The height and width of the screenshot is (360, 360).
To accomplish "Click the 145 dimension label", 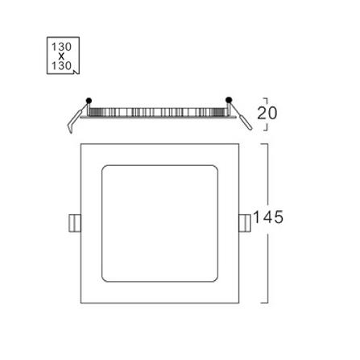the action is (x=268, y=217).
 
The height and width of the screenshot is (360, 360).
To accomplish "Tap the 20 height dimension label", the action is (x=267, y=113).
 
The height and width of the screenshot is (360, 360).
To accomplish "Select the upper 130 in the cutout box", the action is (x=61, y=47).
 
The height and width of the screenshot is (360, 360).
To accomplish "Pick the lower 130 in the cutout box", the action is (x=61, y=65).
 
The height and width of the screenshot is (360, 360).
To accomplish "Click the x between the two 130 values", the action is (x=61, y=56).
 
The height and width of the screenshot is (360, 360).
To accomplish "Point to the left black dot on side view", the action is (x=89, y=101).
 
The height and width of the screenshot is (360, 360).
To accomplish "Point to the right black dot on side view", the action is (x=229, y=100).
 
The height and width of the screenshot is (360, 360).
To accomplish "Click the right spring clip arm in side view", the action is (x=242, y=116).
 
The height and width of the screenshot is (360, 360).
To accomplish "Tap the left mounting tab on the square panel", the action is (x=75, y=223).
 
